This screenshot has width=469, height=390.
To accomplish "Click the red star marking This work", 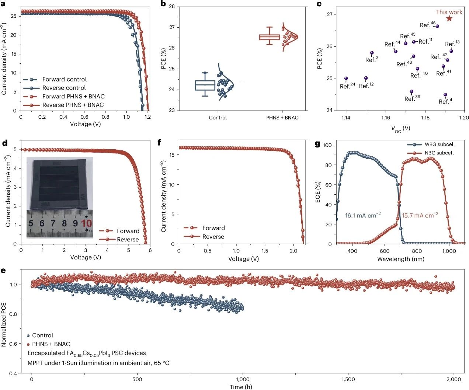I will (449, 18).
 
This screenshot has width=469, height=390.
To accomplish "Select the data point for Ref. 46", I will (437, 26).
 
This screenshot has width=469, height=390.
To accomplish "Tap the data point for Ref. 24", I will (346, 79).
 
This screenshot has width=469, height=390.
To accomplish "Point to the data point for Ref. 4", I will (445, 95).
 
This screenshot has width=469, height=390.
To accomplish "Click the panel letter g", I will (317, 144).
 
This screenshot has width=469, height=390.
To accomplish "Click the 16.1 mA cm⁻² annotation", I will (363, 215).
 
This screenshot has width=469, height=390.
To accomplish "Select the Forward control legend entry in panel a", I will (55, 79).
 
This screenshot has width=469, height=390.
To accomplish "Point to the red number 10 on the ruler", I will (86, 223).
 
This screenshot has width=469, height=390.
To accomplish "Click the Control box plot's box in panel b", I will (205, 85).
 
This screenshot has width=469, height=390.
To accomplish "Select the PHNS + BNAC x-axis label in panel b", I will (282, 118).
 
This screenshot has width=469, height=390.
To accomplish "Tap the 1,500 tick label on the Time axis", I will (348, 379).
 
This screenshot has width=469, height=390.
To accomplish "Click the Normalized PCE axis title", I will (4, 324).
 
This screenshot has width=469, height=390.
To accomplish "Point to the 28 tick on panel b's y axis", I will (172, 7).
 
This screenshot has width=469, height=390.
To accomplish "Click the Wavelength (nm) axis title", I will (400, 259).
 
